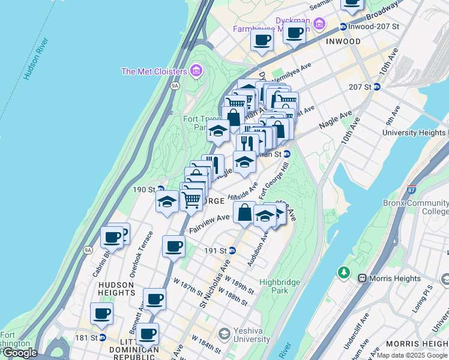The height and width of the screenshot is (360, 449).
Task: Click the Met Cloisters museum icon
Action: click(195, 71)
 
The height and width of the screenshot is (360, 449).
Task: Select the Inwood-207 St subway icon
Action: click(343, 26)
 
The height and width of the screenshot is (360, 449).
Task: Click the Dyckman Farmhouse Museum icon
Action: click(319, 24)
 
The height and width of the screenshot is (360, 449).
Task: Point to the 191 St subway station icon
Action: click(232, 250)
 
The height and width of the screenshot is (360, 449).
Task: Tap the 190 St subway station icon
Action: click(161, 189)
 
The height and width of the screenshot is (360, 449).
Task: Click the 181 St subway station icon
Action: click(103, 337)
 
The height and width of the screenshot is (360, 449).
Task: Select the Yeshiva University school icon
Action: click(224, 334)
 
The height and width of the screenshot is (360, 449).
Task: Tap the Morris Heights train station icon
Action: click(362, 278)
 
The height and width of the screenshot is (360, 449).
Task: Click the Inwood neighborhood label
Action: click(343, 41)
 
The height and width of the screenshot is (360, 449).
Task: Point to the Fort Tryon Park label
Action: click(195, 123)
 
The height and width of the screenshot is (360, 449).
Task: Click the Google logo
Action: click(19, 353)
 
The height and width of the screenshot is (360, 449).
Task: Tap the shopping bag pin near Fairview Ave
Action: click(244, 212)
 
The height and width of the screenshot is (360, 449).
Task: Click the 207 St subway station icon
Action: click(376, 87)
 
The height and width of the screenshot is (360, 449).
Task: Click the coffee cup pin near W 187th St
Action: click(154, 298)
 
